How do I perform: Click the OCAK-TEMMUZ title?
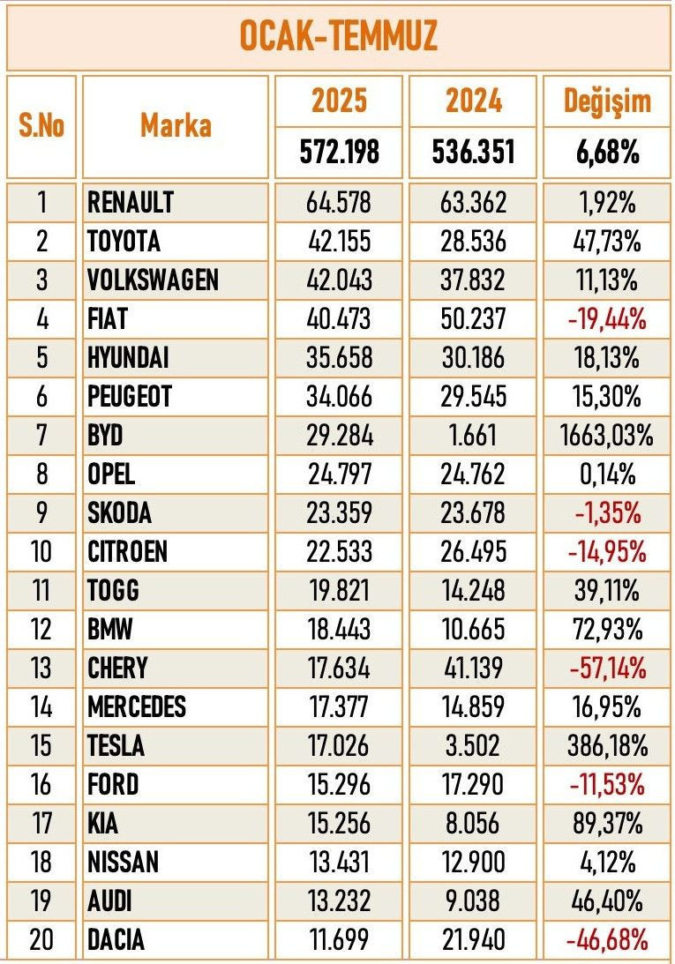tap(338, 38)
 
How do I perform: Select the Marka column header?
tap(175, 126)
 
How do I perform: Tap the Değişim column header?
tap(607, 101)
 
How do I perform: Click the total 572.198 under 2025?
tap(339, 153)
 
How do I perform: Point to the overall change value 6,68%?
tap(607, 153)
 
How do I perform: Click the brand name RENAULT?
tap(131, 202)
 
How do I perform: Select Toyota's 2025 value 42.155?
tap(339, 241)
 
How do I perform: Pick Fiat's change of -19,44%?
tap(607, 318)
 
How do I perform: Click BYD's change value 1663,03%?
tap(607, 435)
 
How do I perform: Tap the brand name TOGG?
tap(114, 590)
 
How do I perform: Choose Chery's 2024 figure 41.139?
tap(472, 668)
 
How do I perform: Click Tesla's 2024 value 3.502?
tap(472, 745)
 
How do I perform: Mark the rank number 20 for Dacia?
tap(41, 939)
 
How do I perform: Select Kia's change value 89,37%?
tap(607, 823)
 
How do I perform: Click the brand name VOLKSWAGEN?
tap(153, 280)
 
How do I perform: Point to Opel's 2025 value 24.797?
tap(339, 474)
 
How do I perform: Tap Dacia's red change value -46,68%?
tap(607, 939)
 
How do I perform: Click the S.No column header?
tap(41, 126)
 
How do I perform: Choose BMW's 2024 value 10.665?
tap(472, 629)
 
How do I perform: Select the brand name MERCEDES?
tap(137, 706)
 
